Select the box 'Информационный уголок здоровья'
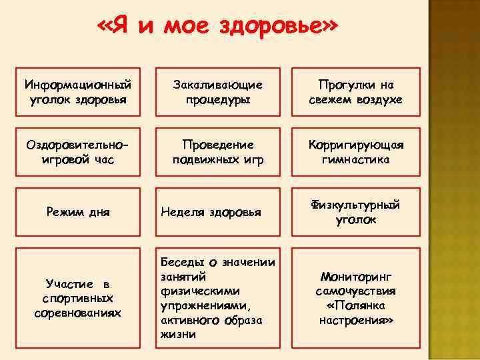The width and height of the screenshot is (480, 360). point(79,93)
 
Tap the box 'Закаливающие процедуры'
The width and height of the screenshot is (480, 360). point(217,93)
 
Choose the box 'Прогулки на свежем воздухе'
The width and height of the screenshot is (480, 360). point(355,93)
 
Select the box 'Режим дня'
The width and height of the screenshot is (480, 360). point(79,213)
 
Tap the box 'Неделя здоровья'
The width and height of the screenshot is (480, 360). point(217,213)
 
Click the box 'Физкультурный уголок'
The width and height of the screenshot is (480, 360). point(355,213)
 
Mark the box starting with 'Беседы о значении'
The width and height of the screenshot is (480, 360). point(217,296)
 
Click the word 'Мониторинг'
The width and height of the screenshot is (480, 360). point(356,276)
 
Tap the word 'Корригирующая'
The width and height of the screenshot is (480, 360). point(355,145)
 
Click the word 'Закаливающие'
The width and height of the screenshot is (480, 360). point(217,85)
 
